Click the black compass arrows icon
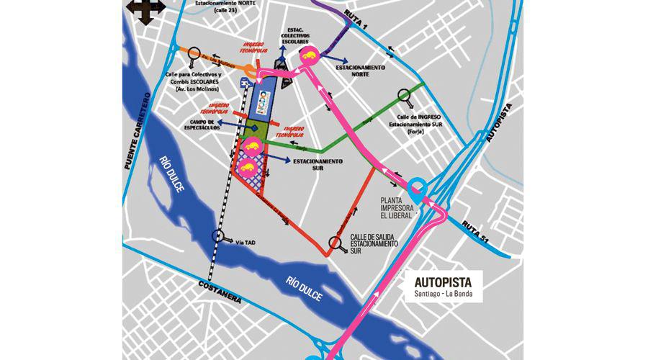141,12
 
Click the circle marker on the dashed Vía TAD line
218,235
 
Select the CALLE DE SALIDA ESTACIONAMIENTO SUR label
374,245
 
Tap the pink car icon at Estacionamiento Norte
310,57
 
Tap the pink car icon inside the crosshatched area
247,170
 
